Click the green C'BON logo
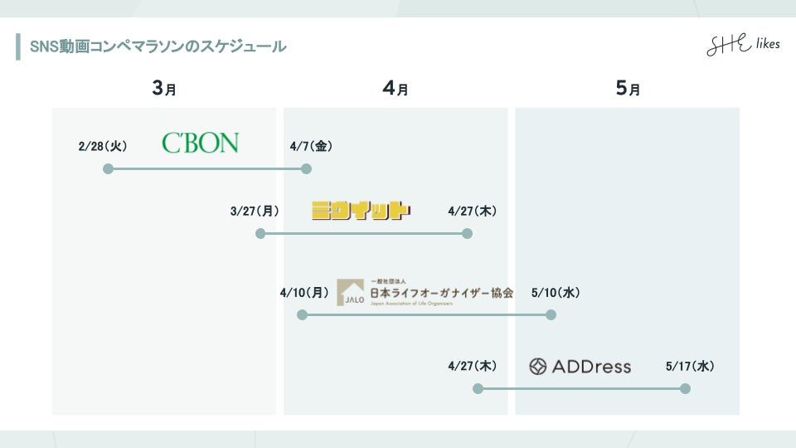pos(200,143)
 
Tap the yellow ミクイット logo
pos(361,210)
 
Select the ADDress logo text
pos(580,366)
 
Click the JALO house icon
pos(351,292)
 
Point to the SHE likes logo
pos(742,45)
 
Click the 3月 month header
pos(164,89)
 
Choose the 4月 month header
pos(396,89)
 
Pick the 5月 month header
pos(628,89)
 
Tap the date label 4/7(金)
pos(311,146)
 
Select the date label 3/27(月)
pos(255,211)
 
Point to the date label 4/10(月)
pos(304,292)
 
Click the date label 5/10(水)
pos(556,292)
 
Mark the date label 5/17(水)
pos(690,366)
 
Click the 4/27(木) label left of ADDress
pos(472,366)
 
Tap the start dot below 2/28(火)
pos(108,168)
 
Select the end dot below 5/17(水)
pos(685,388)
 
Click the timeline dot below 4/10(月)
pos(302,315)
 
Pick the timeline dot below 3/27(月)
pos(260,234)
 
